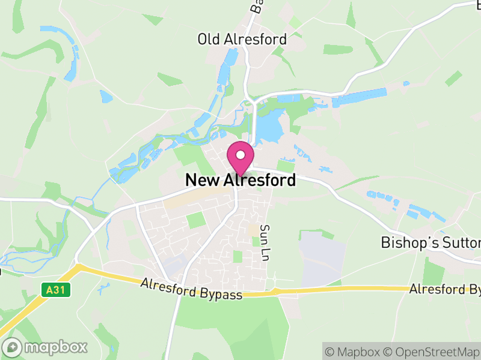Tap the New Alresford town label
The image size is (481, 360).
click(240, 180)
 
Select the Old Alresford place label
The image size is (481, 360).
click(242, 40)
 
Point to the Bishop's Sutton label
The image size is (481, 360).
click(430, 242)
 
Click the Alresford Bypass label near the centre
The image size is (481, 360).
click(191, 289)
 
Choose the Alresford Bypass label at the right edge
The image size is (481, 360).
click(445, 289)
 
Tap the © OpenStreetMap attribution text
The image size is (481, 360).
click(432, 351)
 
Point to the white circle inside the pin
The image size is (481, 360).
click(240, 155)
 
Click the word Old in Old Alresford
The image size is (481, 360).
click(207, 40)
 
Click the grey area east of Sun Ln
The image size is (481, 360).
click(323, 258)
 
